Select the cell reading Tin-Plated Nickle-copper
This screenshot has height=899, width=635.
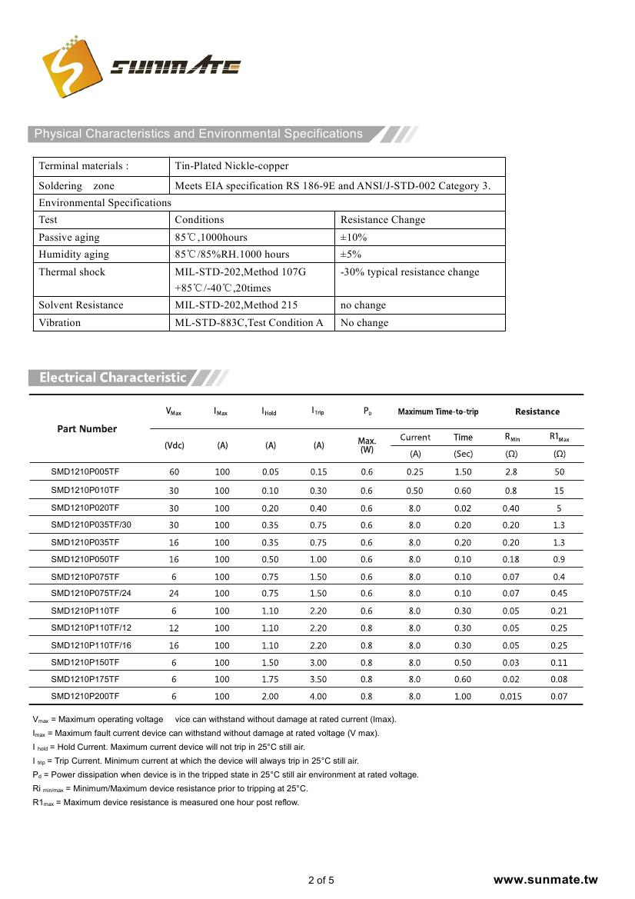pos(231,166)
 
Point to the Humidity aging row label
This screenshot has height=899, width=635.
pos(74,255)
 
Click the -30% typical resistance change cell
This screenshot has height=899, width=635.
pos(409,272)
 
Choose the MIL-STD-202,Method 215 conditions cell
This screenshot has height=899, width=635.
pos(237,305)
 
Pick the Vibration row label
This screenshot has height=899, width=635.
pos(59,323)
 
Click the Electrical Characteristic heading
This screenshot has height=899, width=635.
pos(112,378)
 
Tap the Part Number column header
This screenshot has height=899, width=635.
pos(87,429)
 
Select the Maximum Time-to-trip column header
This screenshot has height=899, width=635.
pos(438,412)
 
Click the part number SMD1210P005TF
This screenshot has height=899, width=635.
pos(85,473)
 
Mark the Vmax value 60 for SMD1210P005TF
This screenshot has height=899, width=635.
pos(174,473)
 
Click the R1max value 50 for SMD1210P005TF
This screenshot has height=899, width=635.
pos(559,473)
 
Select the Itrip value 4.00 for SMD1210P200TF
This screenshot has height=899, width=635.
pos(318,697)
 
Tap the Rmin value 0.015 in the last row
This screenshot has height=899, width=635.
pos(510,697)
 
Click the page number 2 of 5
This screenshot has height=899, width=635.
pos(321,881)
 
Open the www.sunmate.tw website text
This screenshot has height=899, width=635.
pos(545,881)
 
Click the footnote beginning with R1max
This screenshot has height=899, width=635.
pos(165,803)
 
